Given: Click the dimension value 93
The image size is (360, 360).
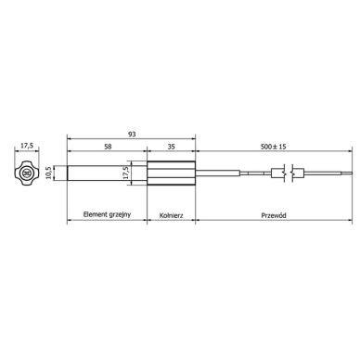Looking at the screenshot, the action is (x=132, y=135).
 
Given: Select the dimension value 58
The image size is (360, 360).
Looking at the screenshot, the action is (x=108, y=147).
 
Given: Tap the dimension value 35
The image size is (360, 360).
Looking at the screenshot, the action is (x=172, y=147).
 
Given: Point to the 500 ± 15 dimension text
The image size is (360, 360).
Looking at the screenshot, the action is (x=274, y=147).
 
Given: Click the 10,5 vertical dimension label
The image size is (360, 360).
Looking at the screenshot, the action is (x=48, y=173).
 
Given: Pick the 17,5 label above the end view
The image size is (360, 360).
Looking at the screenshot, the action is (x=27, y=146).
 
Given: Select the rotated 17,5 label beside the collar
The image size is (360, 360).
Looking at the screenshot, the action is (x=125, y=173).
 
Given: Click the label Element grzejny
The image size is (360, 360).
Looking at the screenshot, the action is (x=107, y=214).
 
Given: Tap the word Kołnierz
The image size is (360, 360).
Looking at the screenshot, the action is (x=172, y=215).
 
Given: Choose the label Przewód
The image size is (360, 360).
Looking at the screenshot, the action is (x=274, y=215).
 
